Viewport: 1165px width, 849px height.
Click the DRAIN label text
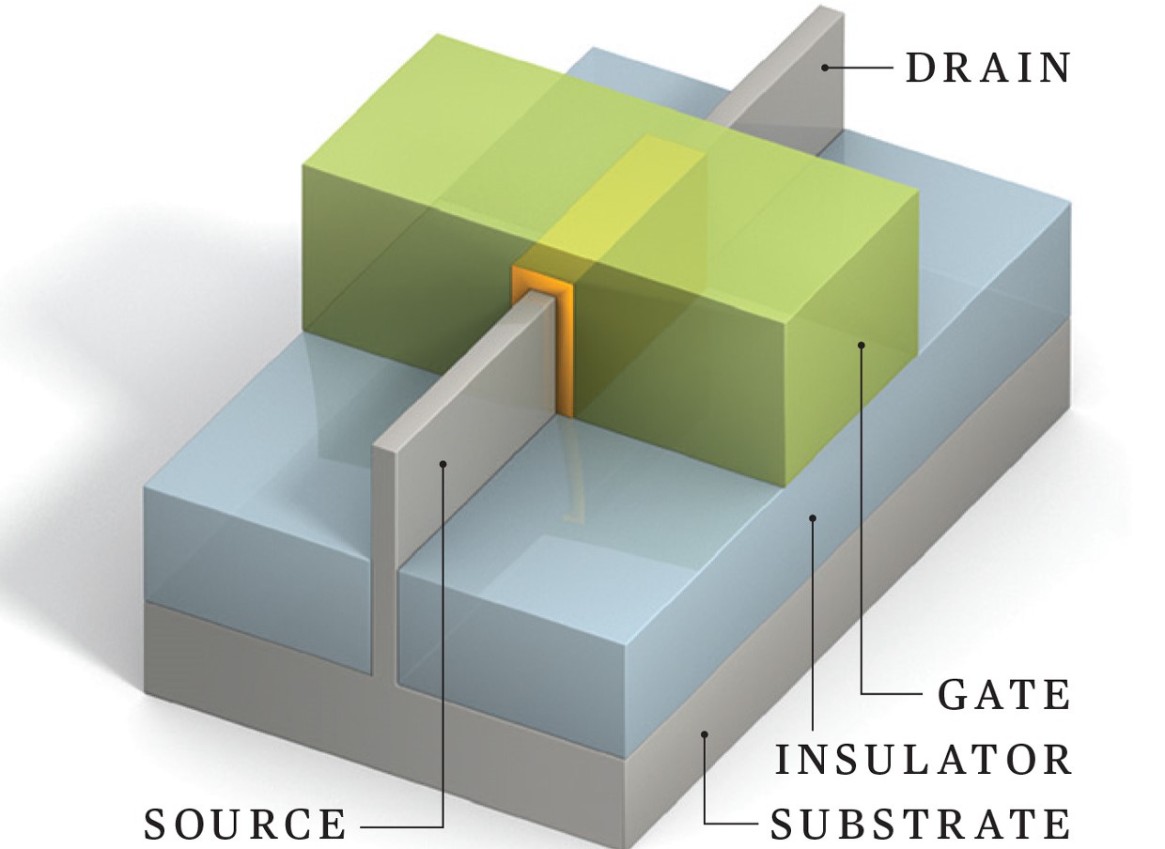tap(987, 68)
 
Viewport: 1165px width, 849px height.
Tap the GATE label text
tap(1003, 695)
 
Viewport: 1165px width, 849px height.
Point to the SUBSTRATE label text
tap(920, 825)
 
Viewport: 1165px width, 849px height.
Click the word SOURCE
tap(245, 825)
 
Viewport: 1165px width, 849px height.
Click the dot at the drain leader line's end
tap(825, 68)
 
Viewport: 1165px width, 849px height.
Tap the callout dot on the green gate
tap(862, 345)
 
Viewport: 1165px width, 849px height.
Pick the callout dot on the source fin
tap(443, 464)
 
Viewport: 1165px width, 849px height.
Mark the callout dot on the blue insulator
tap(814, 517)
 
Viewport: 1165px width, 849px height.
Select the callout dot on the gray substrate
tap(705, 734)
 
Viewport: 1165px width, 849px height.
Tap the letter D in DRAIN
tap(921, 68)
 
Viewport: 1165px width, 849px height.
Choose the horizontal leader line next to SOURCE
tap(401, 826)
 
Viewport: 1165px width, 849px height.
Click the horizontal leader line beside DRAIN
tap(859, 68)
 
